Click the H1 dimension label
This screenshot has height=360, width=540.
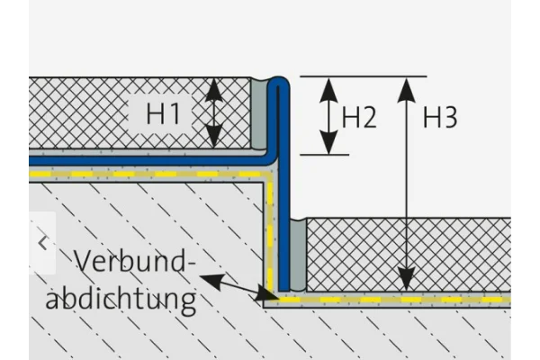[x=163, y=113]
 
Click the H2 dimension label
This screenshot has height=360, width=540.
[x=359, y=117]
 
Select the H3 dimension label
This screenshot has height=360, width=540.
[x=440, y=117]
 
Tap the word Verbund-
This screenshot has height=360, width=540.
[x=135, y=261]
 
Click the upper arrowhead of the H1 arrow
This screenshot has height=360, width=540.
[x=214, y=90]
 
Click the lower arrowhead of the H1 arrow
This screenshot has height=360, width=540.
[x=214, y=137]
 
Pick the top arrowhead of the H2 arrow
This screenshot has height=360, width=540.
[x=328, y=90]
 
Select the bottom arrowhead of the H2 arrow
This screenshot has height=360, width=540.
[x=328, y=142]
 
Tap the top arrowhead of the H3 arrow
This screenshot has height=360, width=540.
[x=407, y=90]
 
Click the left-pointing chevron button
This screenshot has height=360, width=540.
[x=42, y=243]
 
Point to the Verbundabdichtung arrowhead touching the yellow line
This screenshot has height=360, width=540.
[x=267, y=294]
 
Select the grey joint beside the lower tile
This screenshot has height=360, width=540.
[x=298, y=255]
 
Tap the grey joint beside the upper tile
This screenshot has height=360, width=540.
[x=258, y=113]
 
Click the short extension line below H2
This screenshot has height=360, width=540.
[x=324, y=155]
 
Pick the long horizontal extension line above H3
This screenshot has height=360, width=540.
[x=364, y=76]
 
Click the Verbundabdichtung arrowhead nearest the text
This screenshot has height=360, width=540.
[x=211, y=280]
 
